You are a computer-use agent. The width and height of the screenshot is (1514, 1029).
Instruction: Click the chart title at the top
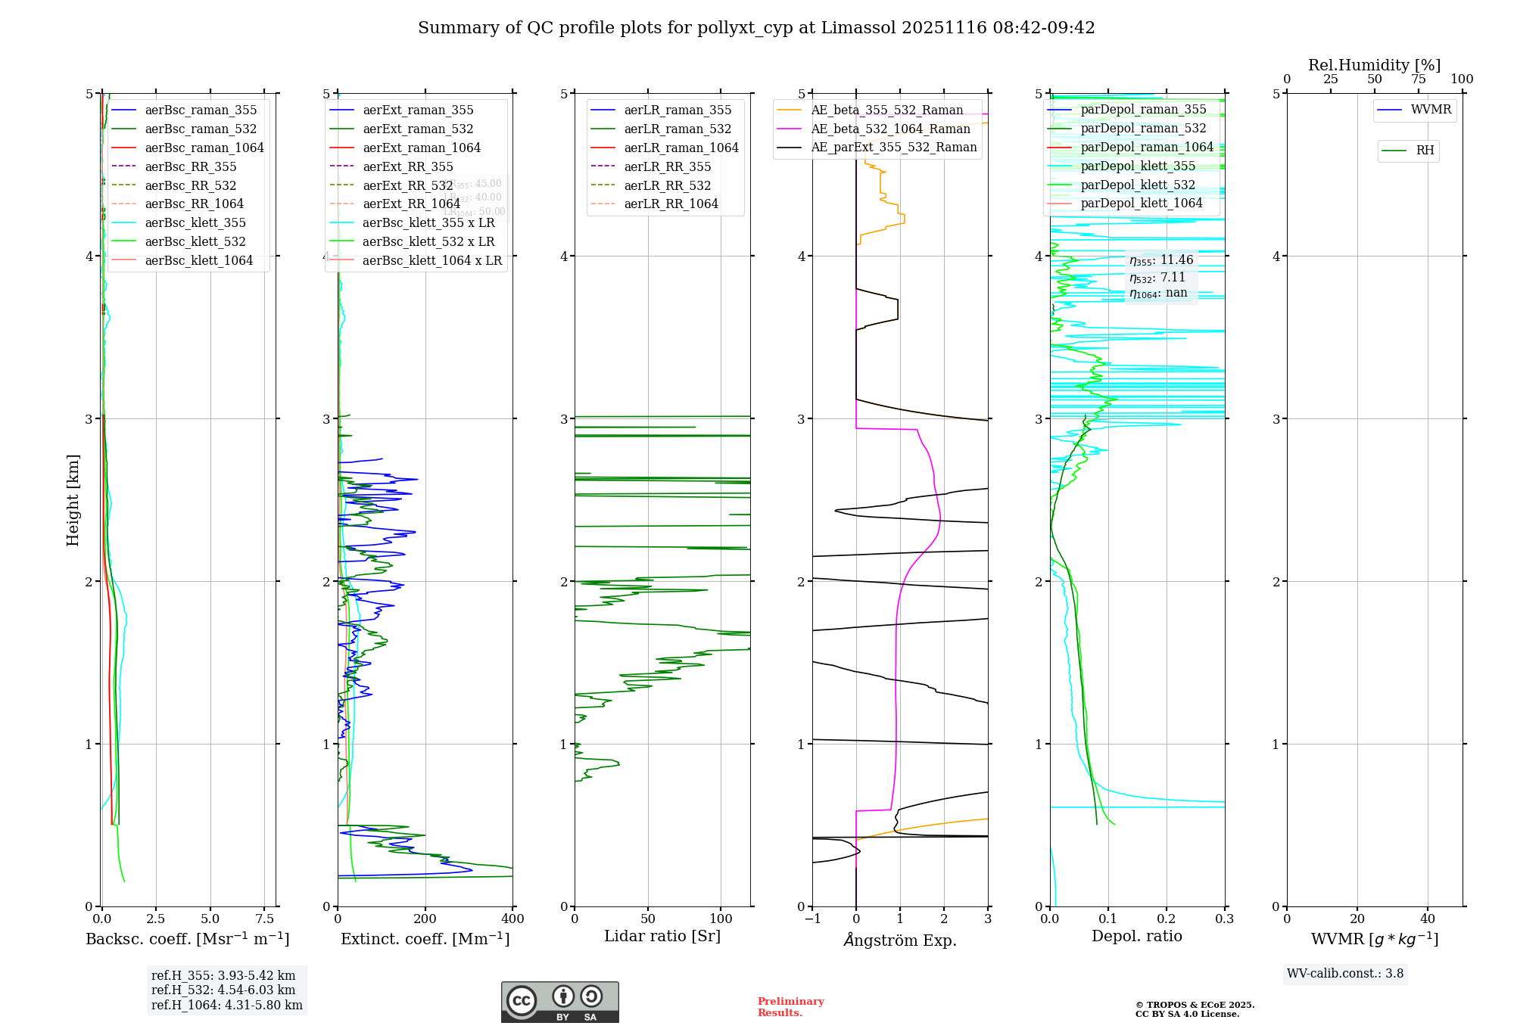(x=756, y=28)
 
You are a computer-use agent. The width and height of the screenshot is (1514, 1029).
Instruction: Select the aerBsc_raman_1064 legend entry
(x=204, y=148)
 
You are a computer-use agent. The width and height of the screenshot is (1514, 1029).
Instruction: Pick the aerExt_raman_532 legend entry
(x=418, y=129)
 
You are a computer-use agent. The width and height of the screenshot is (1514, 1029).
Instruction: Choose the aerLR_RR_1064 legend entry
(x=671, y=204)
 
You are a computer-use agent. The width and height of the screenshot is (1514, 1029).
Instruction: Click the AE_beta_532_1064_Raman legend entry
(x=890, y=129)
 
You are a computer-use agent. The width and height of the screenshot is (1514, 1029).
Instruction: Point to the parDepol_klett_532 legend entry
(x=1138, y=185)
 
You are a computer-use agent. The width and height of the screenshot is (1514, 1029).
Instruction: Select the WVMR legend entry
(x=1431, y=110)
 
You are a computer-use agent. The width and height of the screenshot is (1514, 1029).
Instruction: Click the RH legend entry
(x=1425, y=151)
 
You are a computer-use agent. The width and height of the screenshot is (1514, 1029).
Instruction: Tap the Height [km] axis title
(x=73, y=499)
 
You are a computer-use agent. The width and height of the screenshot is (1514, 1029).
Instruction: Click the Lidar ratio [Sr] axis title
(x=662, y=936)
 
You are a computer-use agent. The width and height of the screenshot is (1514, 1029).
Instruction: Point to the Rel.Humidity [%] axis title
(x=1374, y=65)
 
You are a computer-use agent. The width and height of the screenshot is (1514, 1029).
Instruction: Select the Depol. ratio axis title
(x=1136, y=936)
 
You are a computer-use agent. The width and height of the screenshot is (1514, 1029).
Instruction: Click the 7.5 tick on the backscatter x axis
(x=265, y=919)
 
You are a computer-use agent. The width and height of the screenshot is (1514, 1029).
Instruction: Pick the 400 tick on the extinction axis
(x=512, y=919)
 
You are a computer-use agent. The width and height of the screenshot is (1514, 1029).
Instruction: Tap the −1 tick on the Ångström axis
(x=812, y=919)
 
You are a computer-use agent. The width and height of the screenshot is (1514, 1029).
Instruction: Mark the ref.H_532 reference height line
(x=223, y=990)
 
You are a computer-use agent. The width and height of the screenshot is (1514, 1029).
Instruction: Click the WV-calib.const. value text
(x=1345, y=973)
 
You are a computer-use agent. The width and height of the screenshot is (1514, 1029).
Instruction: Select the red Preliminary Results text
(x=790, y=1006)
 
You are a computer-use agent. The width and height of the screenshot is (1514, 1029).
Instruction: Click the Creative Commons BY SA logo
(x=559, y=1002)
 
